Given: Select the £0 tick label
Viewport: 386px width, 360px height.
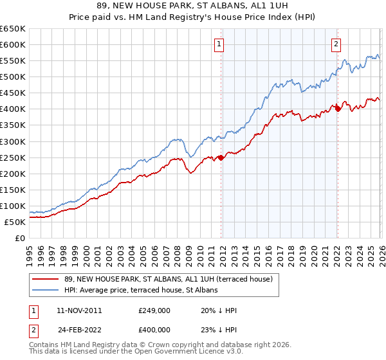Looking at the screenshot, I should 19,238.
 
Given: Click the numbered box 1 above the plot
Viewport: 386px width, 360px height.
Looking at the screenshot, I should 220,44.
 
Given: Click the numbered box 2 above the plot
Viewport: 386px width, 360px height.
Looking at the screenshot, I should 336,44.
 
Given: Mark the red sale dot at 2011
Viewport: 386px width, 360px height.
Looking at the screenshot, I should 221,157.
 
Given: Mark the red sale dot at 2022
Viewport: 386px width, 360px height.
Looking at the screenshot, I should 338,109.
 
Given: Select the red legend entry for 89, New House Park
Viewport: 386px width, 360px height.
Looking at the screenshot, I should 169,279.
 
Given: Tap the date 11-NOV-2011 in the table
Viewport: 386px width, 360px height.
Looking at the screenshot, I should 78,310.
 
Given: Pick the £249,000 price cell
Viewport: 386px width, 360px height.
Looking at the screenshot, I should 153,310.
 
